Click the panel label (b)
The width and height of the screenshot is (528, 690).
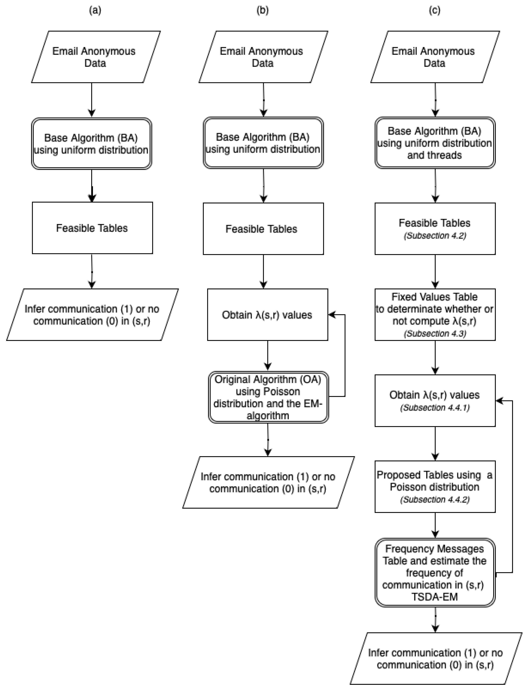coord(262,10)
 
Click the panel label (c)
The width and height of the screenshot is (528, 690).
coord(434,10)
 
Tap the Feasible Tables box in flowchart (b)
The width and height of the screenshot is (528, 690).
coord(263,229)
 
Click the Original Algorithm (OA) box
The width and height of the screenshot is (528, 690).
coord(268,397)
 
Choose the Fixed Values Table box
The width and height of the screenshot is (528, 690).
coord(435,314)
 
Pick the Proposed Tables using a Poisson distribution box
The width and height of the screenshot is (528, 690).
coord(435,487)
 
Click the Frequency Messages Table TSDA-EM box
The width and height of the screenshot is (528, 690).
coord(435,572)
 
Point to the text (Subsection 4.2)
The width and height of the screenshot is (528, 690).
coord(435,236)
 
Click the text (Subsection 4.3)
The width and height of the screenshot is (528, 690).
coord(435,333)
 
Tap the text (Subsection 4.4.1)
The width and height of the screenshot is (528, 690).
coord(435,408)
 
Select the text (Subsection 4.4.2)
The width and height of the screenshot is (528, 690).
coord(435,499)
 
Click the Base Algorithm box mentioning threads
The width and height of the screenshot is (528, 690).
coord(435,143)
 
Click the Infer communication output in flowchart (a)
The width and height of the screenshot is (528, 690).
coord(92,314)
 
